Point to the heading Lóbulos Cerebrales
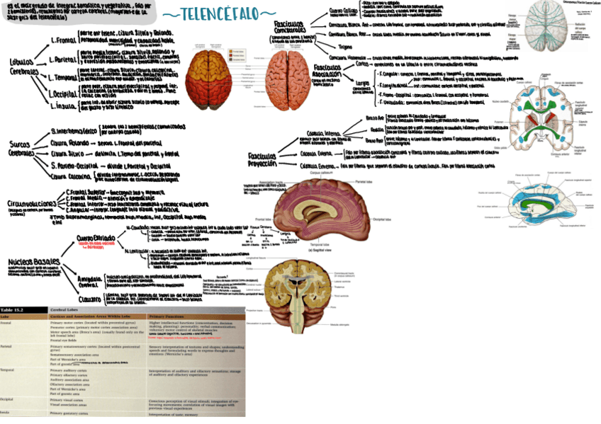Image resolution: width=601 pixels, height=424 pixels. tap(22, 67)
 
